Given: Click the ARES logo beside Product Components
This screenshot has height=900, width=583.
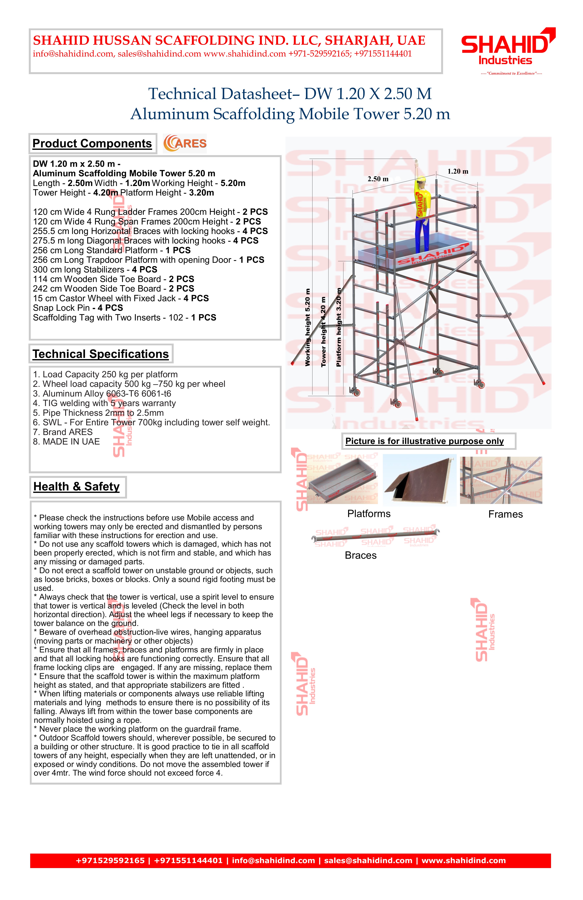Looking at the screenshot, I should click(x=185, y=143).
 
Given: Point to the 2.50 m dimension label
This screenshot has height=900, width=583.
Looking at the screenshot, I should click(x=378, y=179).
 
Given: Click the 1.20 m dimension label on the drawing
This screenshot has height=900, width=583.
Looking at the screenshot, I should click(x=458, y=171).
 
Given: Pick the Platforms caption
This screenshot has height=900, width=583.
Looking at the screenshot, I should click(x=369, y=514).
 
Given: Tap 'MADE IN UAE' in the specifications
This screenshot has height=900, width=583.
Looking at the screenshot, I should click(x=67, y=442).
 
